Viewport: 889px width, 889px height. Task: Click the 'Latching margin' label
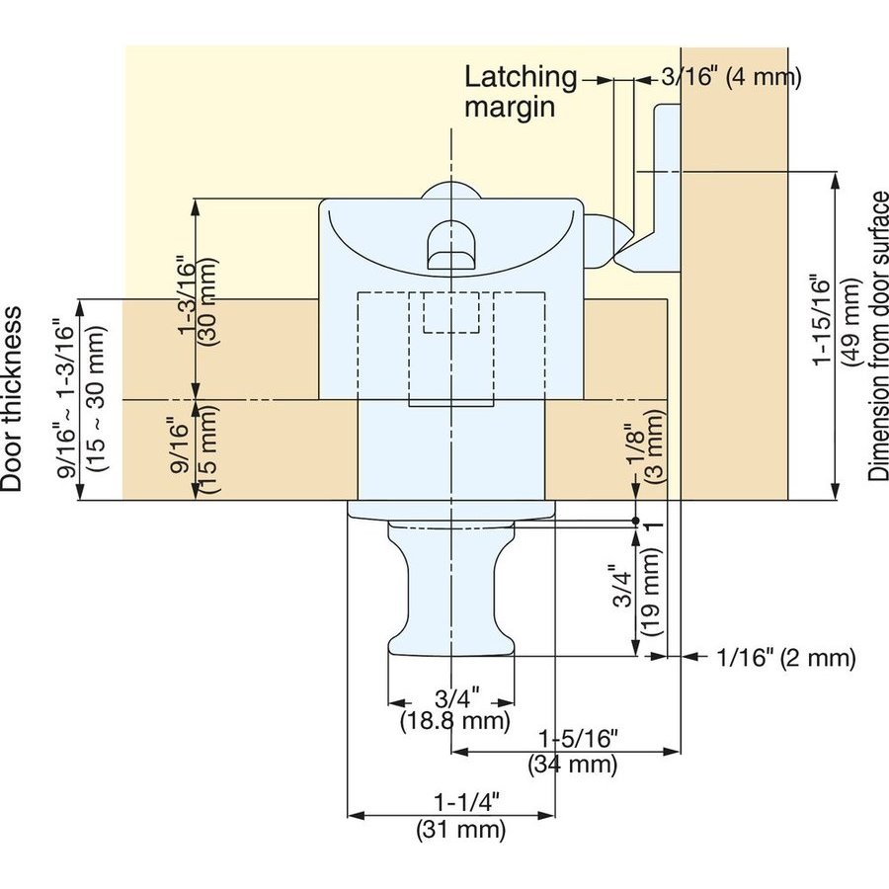pyautogui.click(x=521, y=91)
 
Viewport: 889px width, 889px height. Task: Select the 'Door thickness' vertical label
pyautogui.click(x=13, y=399)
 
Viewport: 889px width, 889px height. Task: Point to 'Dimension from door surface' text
pyautogui.click(x=878, y=336)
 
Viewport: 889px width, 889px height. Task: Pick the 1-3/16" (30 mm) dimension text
pyautogui.click(x=198, y=299)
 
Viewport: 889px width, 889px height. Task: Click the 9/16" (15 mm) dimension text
pyautogui.click(x=198, y=449)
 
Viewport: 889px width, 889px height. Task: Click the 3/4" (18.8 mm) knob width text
pyautogui.click(x=455, y=708)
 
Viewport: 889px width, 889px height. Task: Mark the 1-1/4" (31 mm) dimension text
pyautogui.click(x=461, y=817)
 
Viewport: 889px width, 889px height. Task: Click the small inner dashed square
pyautogui.click(x=451, y=313)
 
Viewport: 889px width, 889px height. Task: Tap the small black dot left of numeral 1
pyautogui.click(x=637, y=520)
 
